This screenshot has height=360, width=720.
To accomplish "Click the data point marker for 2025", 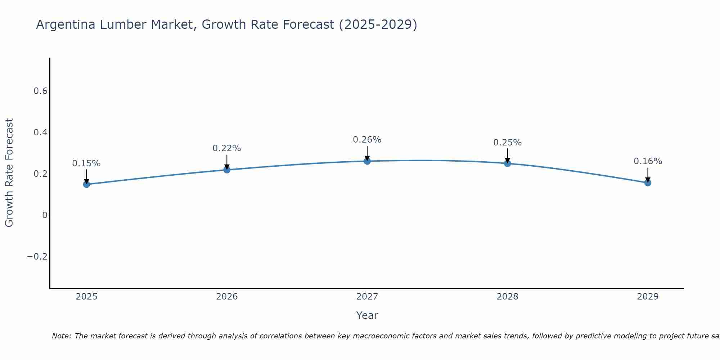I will coord(86,184).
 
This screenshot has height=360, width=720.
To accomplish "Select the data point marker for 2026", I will coord(227,170).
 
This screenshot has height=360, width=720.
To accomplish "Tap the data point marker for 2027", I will coord(367,161).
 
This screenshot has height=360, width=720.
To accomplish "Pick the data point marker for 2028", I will coord(507,163).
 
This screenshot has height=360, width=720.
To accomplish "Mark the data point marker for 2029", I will coord(648,183).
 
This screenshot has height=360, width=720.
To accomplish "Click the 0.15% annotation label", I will coord(86,163).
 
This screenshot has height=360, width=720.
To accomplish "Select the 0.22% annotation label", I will coord(227,148).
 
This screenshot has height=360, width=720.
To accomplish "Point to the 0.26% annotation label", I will coord(367,140).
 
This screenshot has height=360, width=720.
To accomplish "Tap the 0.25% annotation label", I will coord(507,143).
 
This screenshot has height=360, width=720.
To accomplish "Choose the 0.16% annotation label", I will coord(648,161).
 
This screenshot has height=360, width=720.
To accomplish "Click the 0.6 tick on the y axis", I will coord(40,91).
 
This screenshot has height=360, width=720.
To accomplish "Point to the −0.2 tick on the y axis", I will coord(37,257).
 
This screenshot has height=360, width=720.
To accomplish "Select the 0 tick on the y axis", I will coord(45,215).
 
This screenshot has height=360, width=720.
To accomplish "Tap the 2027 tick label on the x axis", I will coord(367,297).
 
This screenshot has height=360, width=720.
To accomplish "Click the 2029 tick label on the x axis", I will coord(648,297).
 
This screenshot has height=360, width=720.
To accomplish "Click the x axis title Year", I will coord(367,316).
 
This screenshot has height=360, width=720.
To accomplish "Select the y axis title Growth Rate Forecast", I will coord(9,173).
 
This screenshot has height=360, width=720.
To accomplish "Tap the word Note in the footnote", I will coord(61,336).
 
